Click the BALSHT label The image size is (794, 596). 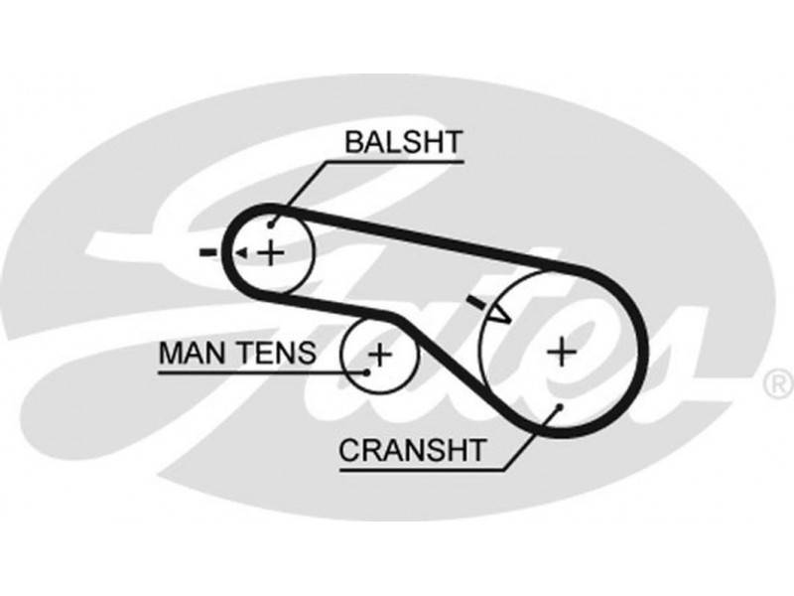pos(403,141)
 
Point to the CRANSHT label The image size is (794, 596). pos(413,450)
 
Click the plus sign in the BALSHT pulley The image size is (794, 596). pos(270,252)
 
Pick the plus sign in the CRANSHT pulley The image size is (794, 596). pos(561,350)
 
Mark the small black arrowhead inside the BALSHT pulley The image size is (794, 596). pos(241,253)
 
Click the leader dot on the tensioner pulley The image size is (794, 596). pos(367,372)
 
